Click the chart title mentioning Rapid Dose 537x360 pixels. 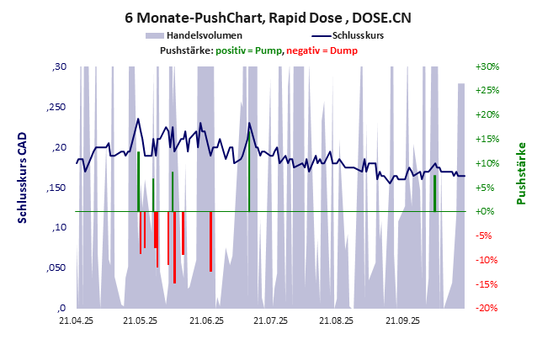(x=268, y=17)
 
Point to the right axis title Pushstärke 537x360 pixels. (x=521, y=173)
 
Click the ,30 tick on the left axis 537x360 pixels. (x=59, y=66)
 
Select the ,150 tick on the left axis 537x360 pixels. (x=54, y=187)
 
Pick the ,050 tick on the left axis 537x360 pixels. (x=54, y=267)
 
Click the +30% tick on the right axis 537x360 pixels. (x=487, y=66)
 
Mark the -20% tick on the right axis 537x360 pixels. (x=487, y=308)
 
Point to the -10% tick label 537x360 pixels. (x=487, y=260)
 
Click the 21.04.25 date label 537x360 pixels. (x=76, y=320)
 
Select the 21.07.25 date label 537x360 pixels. (x=271, y=320)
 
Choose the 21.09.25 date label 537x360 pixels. (x=402, y=320)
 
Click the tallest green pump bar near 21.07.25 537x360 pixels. (x=249, y=168)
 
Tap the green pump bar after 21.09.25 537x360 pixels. (x=434, y=193)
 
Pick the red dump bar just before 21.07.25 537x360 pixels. (x=210, y=241)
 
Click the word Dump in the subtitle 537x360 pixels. (x=345, y=51)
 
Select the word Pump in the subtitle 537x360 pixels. (x=266, y=51)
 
